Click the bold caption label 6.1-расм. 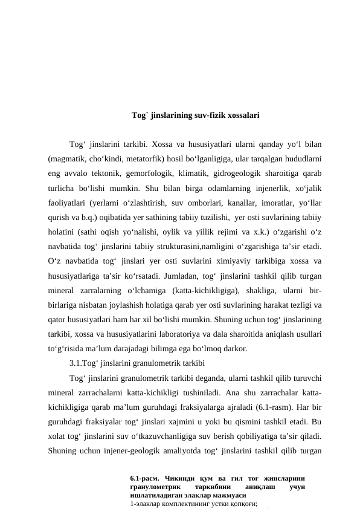point(147,479)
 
